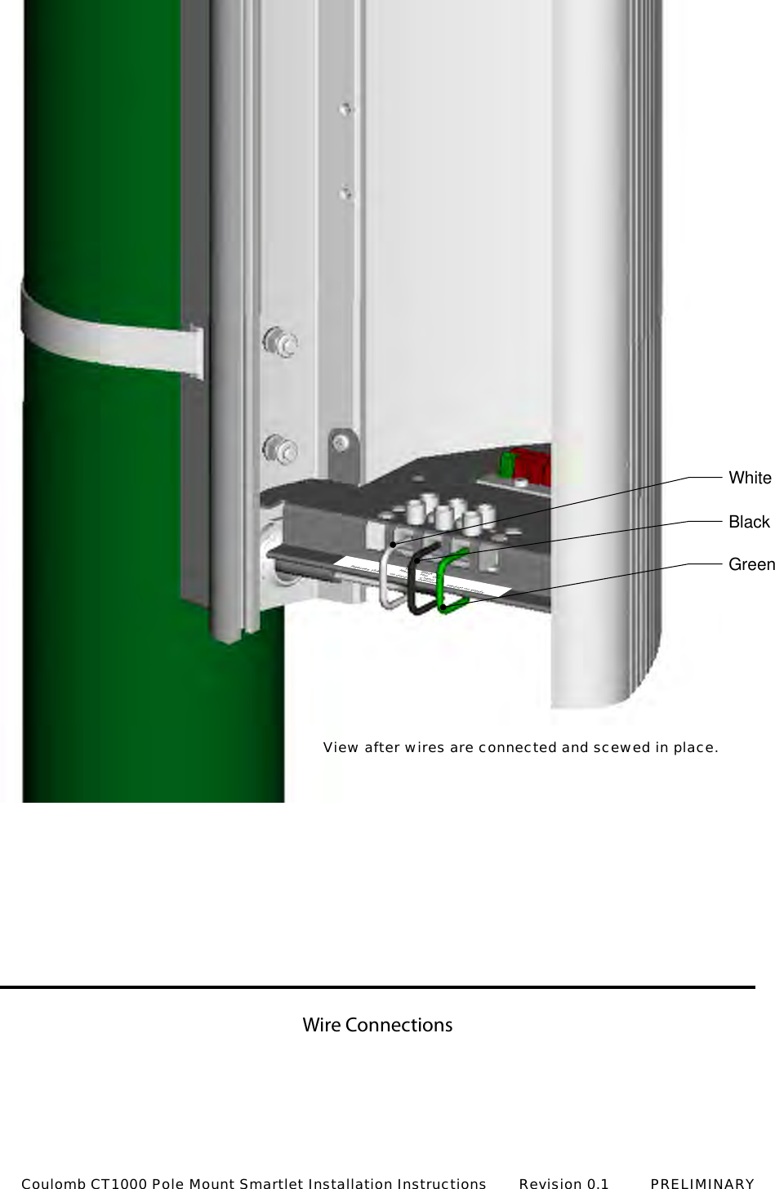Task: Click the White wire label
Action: point(750,478)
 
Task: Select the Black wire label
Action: point(749,522)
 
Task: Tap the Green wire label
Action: point(751,564)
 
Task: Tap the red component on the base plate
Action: point(532,465)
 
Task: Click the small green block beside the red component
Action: point(506,464)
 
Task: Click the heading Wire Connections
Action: point(377,1025)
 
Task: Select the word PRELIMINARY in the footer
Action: point(702,1182)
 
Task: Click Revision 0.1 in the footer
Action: point(563,1182)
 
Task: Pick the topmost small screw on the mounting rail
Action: point(346,108)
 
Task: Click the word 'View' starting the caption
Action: point(341,747)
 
